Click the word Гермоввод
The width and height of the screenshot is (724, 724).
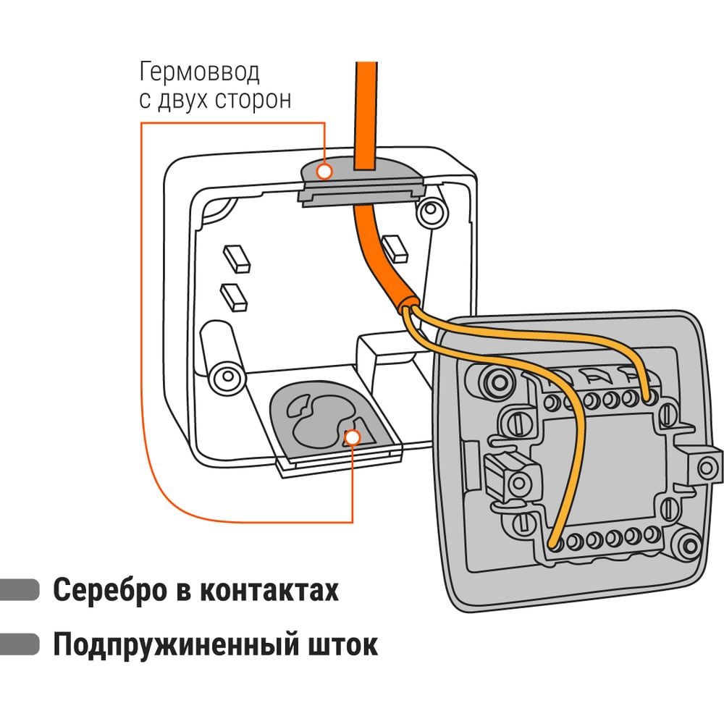point(199,73)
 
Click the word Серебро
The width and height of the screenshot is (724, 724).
point(106,590)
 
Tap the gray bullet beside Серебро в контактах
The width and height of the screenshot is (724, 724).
point(20,589)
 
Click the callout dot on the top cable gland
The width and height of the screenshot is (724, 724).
point(324,171)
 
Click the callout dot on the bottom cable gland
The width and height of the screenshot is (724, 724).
point(353,437)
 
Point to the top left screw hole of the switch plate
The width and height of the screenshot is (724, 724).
point(497,381)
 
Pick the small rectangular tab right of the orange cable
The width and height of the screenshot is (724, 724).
point(395,248)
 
